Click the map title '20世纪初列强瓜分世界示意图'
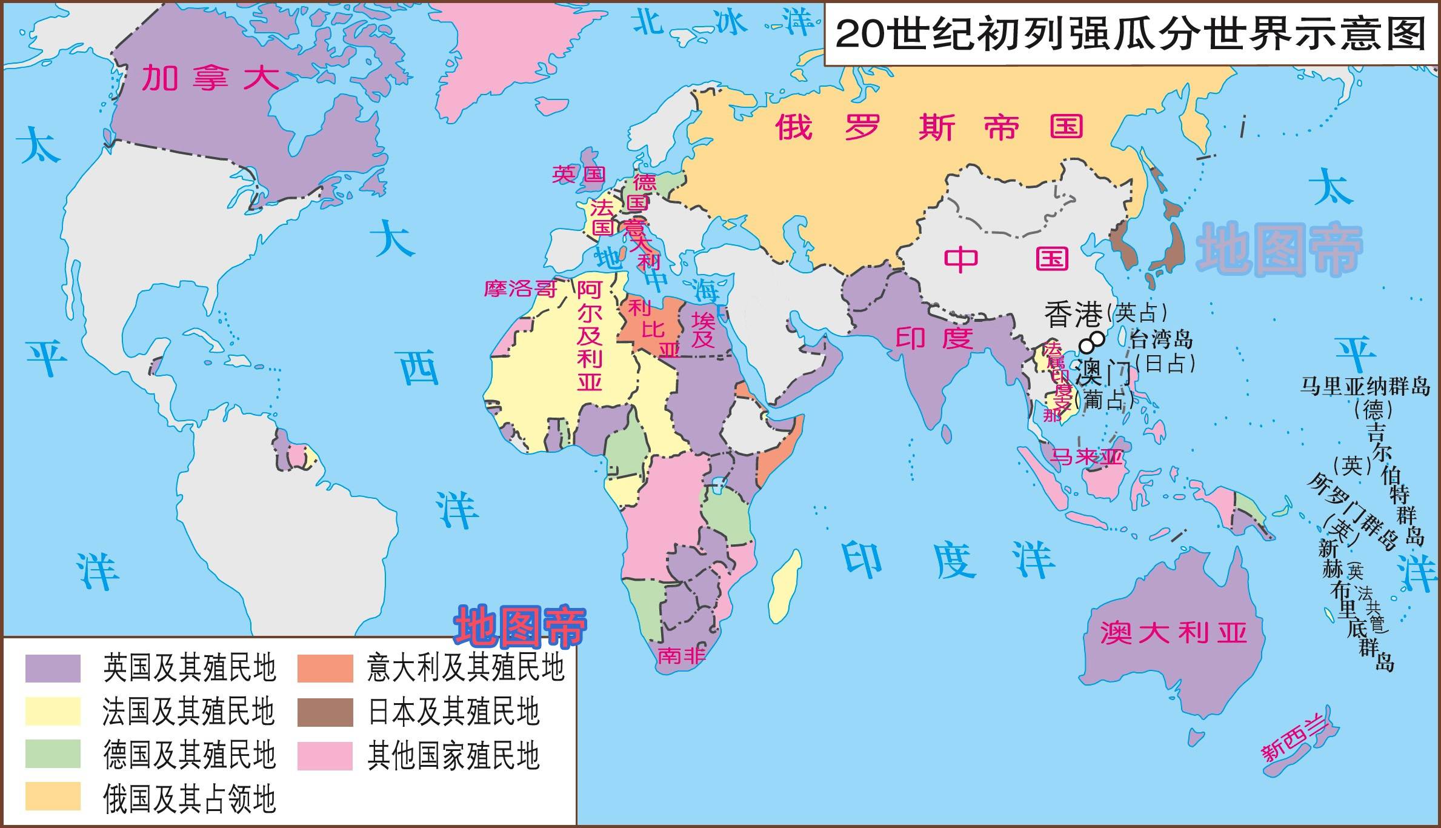[x=1131, y=33]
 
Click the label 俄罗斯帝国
[x=929, y=127]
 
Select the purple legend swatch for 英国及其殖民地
[x=53, y=669]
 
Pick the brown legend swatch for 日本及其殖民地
[x=325, y=712]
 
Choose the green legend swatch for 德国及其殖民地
[x=53, y=755]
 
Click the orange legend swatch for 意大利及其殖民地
[x=325, y=669]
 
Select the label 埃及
[x=704, y=330]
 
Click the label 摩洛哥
[x=520, y=289]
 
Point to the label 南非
[x=681, y=655]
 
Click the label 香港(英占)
[x=1105, y=313]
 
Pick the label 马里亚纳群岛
[x=1364, y=386]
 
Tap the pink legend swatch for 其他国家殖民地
[x=325, y=756]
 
